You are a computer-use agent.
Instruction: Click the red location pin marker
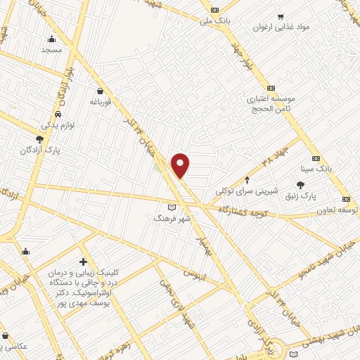point(181,165)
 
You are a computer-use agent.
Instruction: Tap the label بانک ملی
point(215,21)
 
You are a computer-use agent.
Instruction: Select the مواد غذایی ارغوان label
point(283,27)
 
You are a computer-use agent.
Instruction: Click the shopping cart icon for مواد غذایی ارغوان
point(281,16)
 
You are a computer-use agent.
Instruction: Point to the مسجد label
point(52,50)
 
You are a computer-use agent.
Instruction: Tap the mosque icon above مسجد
point(52,39)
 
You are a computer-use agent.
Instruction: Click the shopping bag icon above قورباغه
point(101,91)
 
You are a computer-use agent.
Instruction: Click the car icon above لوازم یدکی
point(58,114)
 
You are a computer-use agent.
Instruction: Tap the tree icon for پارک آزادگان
point(40,139)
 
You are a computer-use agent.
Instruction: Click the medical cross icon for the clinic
point(84,262)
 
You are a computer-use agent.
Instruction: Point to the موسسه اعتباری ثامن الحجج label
point(271,103)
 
